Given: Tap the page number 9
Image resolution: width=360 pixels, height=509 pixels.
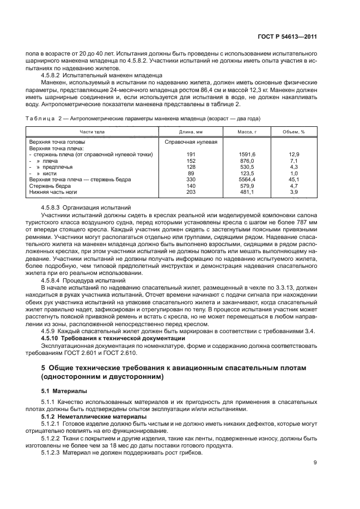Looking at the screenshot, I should point(315,463).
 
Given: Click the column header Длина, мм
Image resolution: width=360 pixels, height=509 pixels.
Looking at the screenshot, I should point(191,132).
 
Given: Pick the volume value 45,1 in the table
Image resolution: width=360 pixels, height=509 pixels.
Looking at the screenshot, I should point(294,179).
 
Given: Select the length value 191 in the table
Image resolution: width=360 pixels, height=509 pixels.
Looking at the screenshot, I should point(191,155).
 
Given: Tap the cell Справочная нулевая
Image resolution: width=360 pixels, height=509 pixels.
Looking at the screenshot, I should point(191,142).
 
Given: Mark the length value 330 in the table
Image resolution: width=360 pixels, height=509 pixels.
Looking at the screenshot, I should point(191,179).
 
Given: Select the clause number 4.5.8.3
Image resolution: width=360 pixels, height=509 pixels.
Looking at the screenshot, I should point(52,207).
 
